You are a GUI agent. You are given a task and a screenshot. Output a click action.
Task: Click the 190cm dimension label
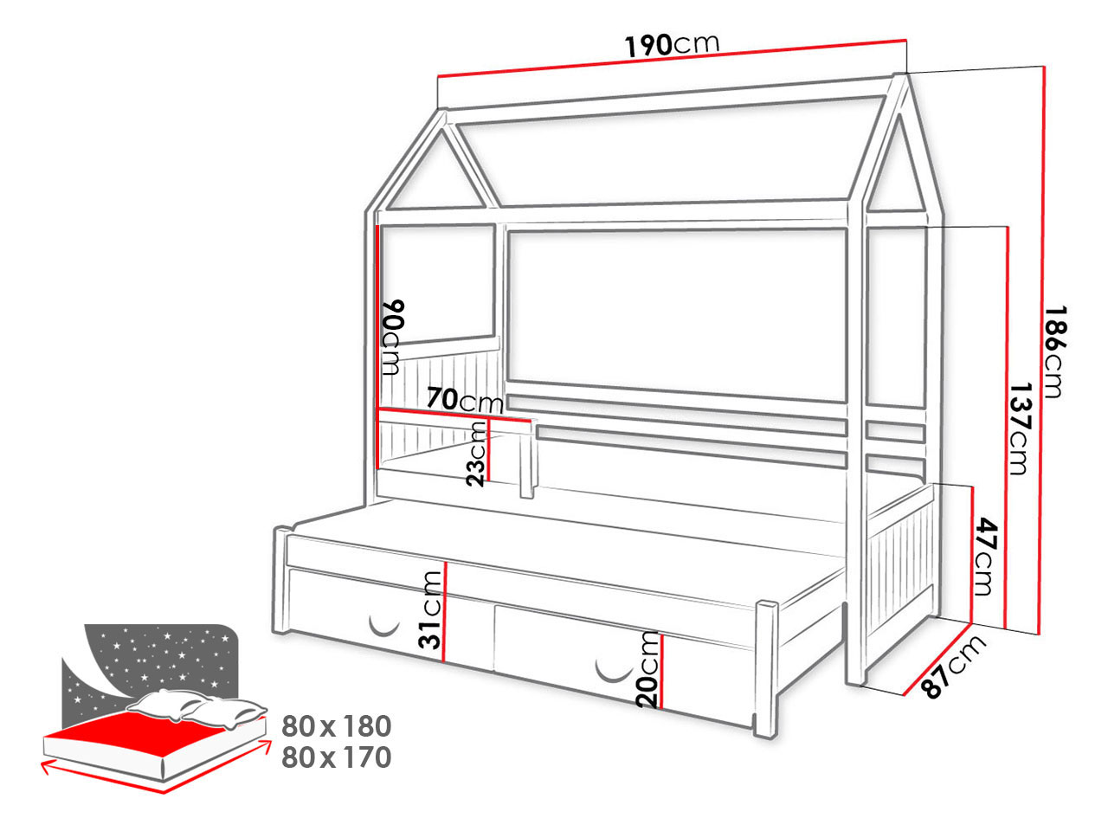pos(672,44)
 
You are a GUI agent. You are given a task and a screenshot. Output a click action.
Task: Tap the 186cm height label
pos(1055,351)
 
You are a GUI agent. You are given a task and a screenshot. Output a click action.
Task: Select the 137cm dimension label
pos(1021,428)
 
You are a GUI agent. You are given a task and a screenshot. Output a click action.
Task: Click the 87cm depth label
pos(952,666)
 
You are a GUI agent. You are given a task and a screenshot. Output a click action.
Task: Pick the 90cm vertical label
pos(393,337)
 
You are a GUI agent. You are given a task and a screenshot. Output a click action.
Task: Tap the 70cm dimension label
pos(465,400)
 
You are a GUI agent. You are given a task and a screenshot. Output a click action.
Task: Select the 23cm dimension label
pos(476,454)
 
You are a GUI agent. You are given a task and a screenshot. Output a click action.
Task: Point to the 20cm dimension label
pos(647,669)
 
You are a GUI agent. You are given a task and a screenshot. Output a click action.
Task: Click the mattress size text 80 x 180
pos(336,726)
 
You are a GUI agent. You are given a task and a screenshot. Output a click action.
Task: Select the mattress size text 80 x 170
pos(336,757)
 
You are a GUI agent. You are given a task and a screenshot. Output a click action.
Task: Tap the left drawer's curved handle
pos(384,628)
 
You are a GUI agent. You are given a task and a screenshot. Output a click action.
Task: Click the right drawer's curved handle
pos(614,674)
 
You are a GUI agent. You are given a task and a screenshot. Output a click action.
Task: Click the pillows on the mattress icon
pos(196,707)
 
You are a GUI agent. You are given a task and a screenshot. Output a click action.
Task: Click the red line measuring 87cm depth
pos(937,659)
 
